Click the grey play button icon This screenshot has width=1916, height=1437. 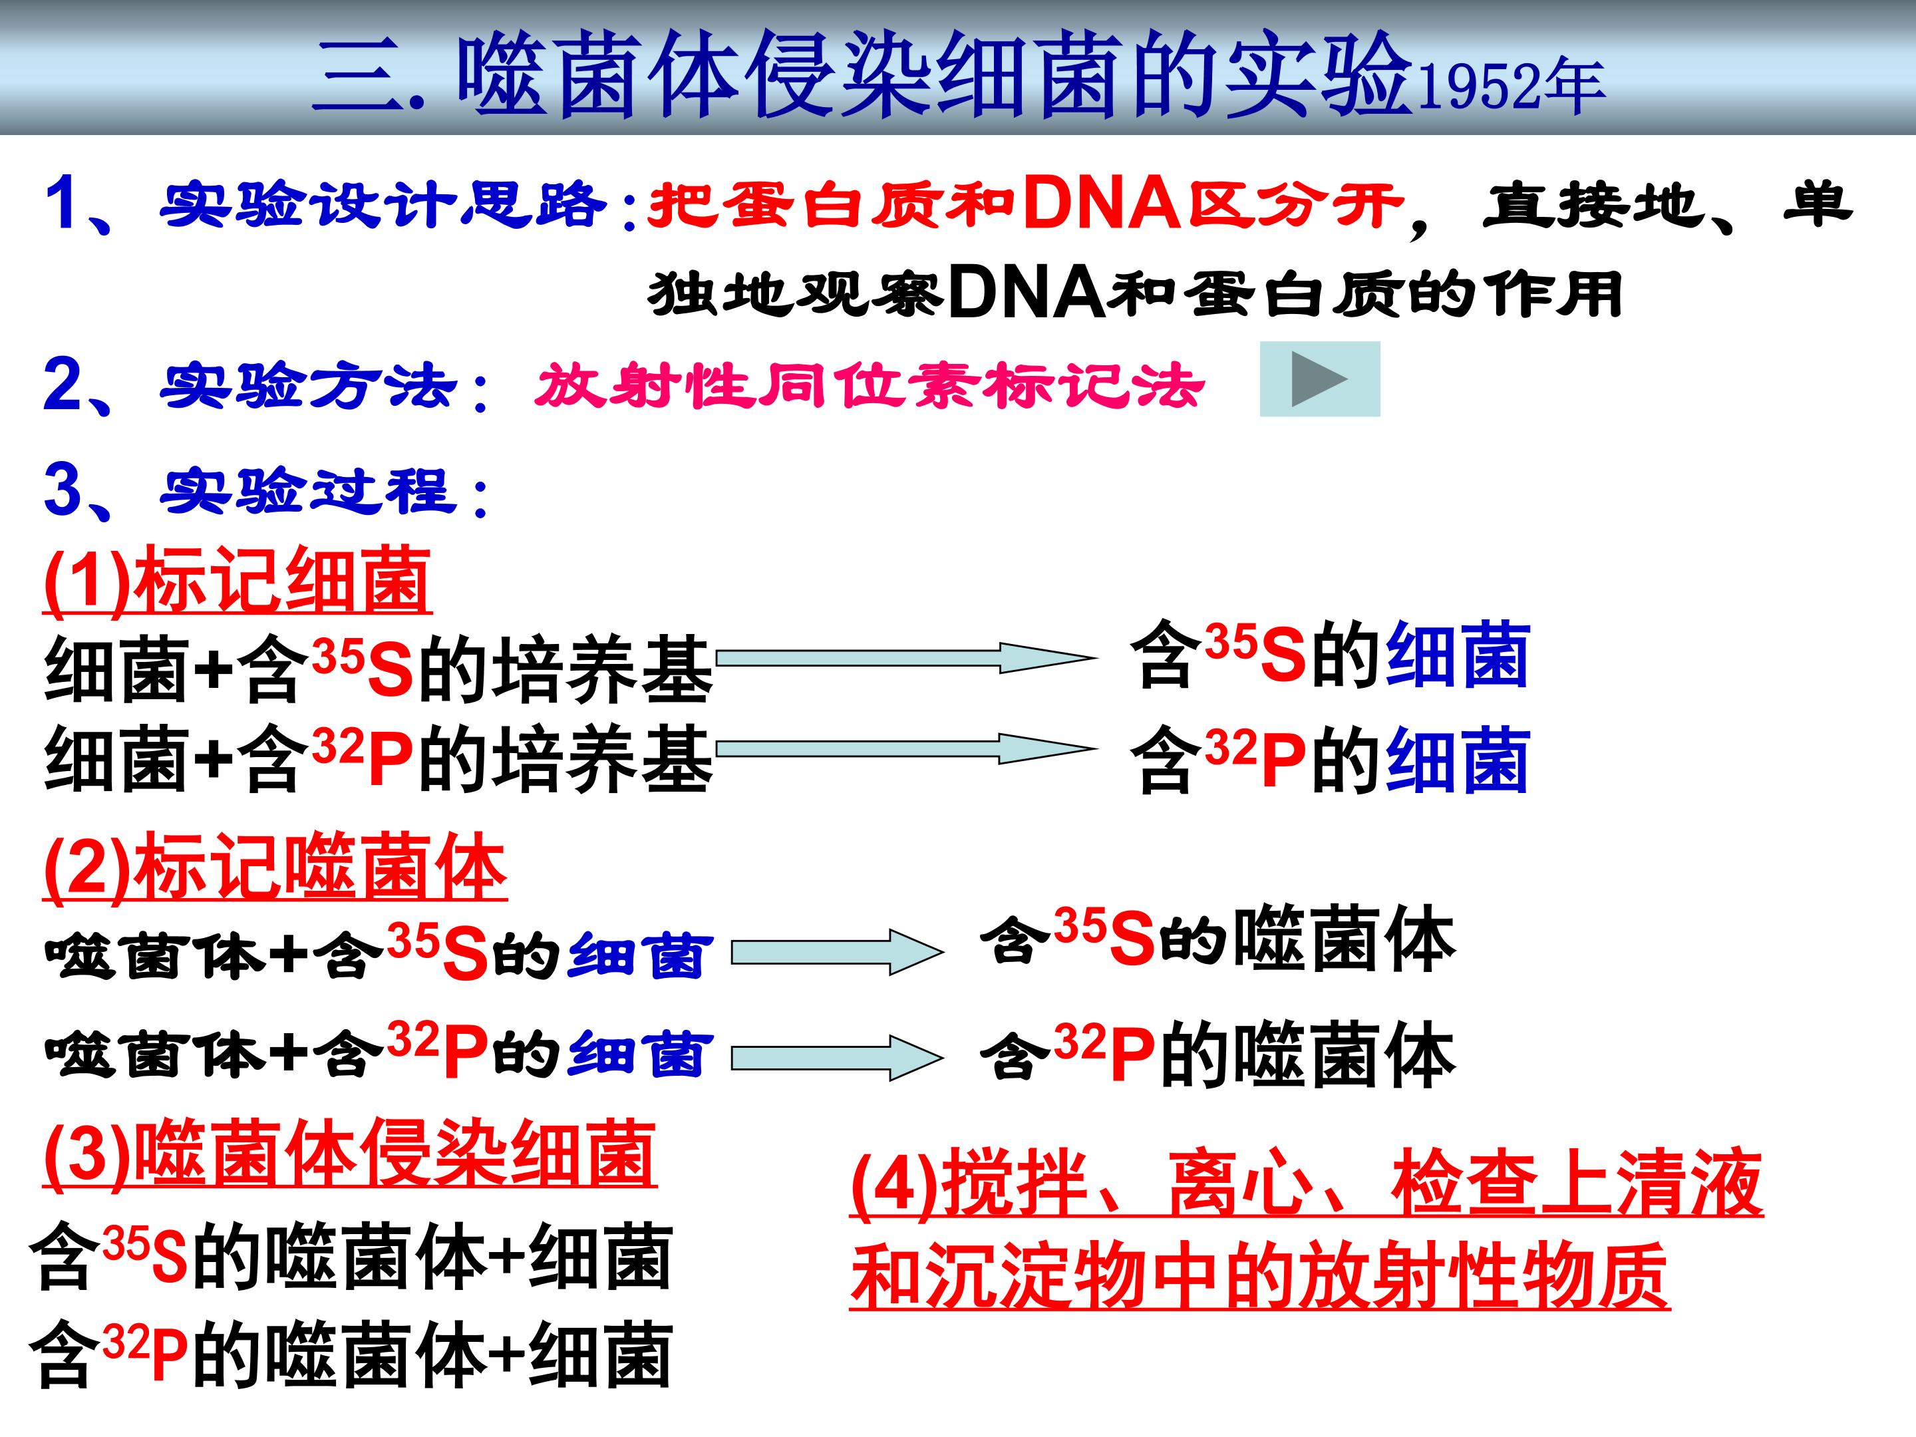pos(1319,379)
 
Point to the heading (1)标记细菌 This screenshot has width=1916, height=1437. pos(238,581)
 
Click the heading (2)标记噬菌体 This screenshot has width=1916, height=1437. pos(275,868)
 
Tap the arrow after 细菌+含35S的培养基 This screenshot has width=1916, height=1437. pos(905,657)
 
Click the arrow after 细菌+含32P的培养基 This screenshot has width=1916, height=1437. pos(905,749)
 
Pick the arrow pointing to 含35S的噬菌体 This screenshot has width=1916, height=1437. pos(837,953)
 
